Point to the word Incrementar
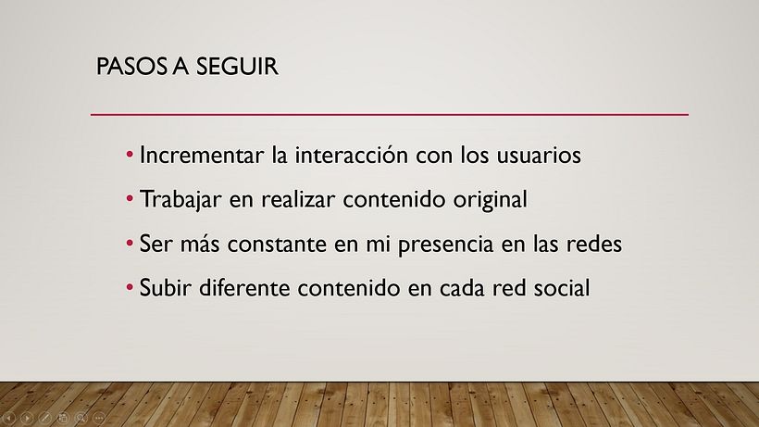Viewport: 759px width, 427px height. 192,156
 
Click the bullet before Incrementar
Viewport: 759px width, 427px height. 131,155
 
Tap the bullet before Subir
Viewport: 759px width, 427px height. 131,287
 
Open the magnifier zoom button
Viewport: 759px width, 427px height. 81,418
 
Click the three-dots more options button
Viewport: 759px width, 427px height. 99,418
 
